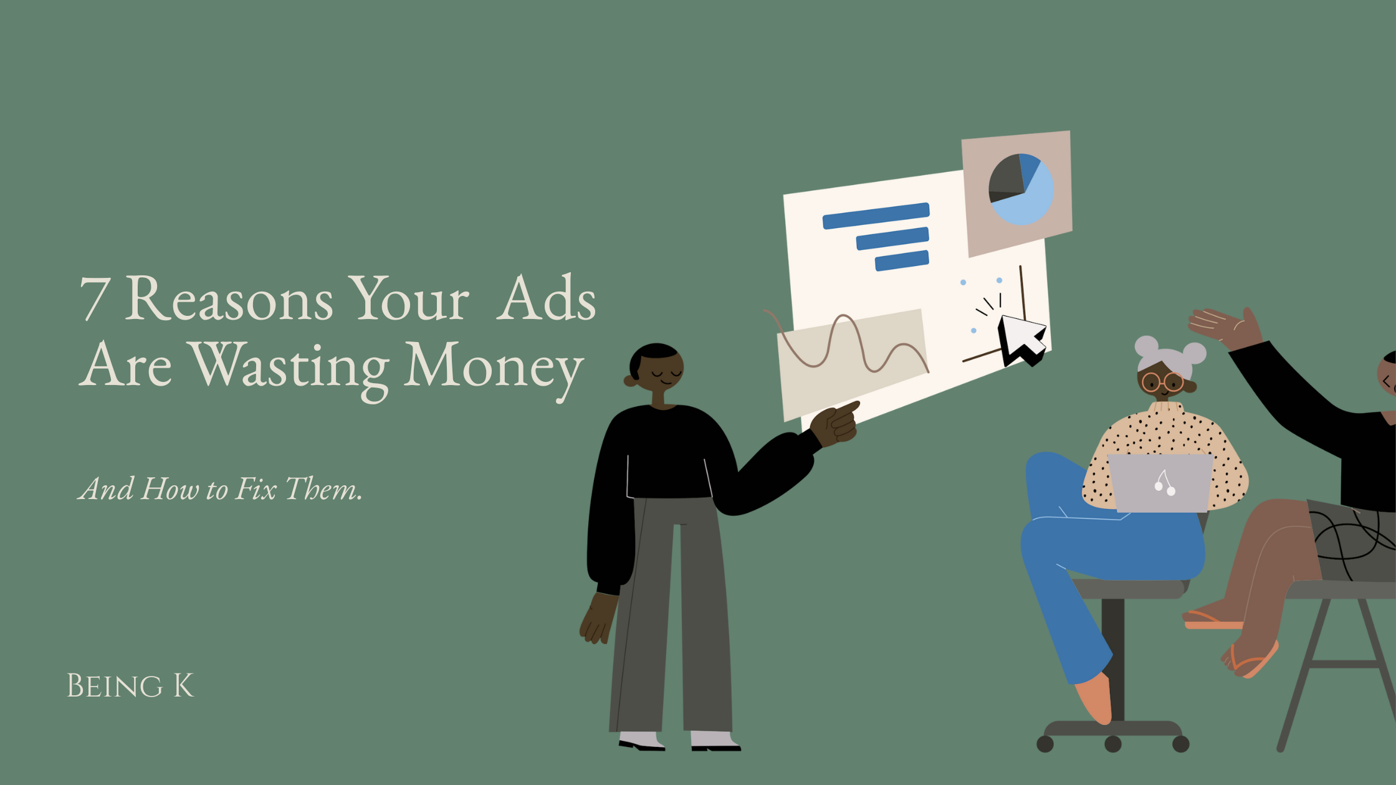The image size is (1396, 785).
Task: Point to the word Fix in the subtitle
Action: pyautogui.click(x=256, y=488)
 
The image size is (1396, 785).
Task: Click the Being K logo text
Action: pyautogui.click(x=130, y=686)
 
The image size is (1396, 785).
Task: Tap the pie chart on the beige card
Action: pyautogui.click(x=1021, y=189)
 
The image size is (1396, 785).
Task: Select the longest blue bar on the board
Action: pyautogui.click(x=876, y=216)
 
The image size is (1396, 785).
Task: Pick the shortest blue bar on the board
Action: pyautogui.click(x=902, y=260)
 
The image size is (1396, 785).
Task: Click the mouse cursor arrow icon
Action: pyautogui.click(x=1020, y=339)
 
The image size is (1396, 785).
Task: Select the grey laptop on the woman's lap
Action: pyautogui.click(x=1160, y=483)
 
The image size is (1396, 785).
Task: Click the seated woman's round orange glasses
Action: pyautogui.click(x=1163, y=382)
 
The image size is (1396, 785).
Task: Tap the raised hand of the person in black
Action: pyautogui.click(x=1225, y=328)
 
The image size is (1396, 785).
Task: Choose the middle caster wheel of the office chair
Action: pyautogui.click(x=1113, y=744)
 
